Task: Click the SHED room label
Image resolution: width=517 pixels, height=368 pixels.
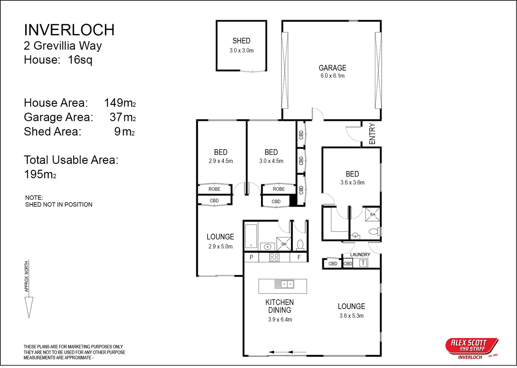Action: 241,41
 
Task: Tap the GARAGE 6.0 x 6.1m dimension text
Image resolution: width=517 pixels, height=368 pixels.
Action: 332,76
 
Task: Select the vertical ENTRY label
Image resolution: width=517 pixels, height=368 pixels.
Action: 372,134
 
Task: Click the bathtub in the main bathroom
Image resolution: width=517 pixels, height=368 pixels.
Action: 251,235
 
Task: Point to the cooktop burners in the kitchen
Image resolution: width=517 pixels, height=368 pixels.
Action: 274,257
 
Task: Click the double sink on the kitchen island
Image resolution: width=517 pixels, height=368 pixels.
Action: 284,284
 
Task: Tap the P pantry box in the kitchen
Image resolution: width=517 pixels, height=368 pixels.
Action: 252,257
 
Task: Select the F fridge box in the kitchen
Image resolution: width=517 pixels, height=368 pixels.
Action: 299,257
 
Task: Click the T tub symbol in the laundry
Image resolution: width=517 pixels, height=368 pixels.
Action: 363,263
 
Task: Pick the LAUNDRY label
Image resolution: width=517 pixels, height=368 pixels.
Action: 360,255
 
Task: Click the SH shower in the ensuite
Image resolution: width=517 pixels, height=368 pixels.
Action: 372,214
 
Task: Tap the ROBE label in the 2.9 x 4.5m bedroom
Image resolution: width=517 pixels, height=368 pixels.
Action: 214,189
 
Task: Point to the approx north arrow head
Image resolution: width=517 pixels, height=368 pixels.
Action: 29,307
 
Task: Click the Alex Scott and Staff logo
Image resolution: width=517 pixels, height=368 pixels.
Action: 472,348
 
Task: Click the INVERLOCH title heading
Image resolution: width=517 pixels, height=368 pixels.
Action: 69,30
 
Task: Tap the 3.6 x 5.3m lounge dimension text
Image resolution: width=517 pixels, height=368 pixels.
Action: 351,316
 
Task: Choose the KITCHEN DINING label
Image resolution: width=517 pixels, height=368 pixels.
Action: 279,306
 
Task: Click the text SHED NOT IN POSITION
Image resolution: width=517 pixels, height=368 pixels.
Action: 59,204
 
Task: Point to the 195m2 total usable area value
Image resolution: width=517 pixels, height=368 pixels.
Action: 40,174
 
